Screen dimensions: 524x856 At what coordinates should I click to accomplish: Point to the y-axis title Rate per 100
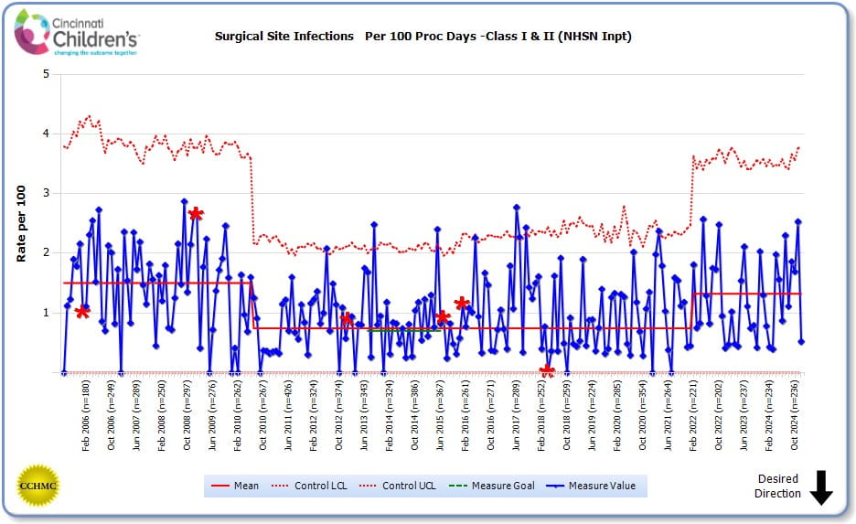click(21, 223)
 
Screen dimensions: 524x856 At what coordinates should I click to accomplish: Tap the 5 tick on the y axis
click(46, 74)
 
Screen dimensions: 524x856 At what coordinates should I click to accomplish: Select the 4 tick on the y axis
click(46, 134)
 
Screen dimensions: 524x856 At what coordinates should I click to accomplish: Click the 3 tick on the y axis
click(46, 193)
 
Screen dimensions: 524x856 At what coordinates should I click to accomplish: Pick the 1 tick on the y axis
click(46, 313)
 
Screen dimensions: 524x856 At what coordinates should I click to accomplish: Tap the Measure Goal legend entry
click(493, 486)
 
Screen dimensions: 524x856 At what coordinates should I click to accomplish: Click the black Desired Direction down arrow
click(820, 487)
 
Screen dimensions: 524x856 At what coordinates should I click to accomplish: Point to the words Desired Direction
click(777, 486)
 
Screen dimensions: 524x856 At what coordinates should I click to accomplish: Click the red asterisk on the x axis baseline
click(547, 371)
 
